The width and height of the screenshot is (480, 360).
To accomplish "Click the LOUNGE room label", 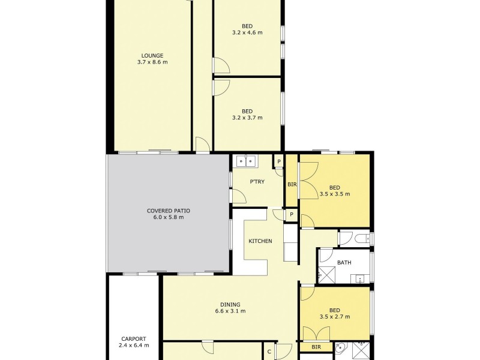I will [x=152, y=55].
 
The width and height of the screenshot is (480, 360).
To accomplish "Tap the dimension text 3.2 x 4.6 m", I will [x=247, y=32].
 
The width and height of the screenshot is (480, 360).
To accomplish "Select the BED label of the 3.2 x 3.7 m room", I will [x=247, y=111].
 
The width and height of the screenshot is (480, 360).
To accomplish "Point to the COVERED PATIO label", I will [x=168, y=211].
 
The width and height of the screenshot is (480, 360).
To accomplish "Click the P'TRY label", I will [x=258, y=181].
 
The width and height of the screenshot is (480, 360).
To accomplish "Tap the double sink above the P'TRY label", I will [x=246, y=161].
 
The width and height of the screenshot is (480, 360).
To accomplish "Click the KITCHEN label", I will [x=260, y=241].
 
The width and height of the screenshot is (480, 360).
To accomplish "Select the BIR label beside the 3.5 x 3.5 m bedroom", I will [x=292, y=185].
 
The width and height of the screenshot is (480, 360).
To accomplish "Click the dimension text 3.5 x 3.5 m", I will [x=335, y=194].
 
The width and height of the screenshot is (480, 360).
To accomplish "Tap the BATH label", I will [x=344, y=262].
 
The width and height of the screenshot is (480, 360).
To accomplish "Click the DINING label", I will [x=230, y=304].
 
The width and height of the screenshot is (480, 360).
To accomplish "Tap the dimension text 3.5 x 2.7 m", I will [x=335, y=317].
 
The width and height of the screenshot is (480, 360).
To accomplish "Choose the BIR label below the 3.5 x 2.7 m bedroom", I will [x=316, y=347].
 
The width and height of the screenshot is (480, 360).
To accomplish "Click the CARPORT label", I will [x=133, y=338].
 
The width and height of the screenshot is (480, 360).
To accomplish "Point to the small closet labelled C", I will [x=269, y=352].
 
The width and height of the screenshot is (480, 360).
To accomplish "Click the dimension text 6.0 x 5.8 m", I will [x=168, y=217].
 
